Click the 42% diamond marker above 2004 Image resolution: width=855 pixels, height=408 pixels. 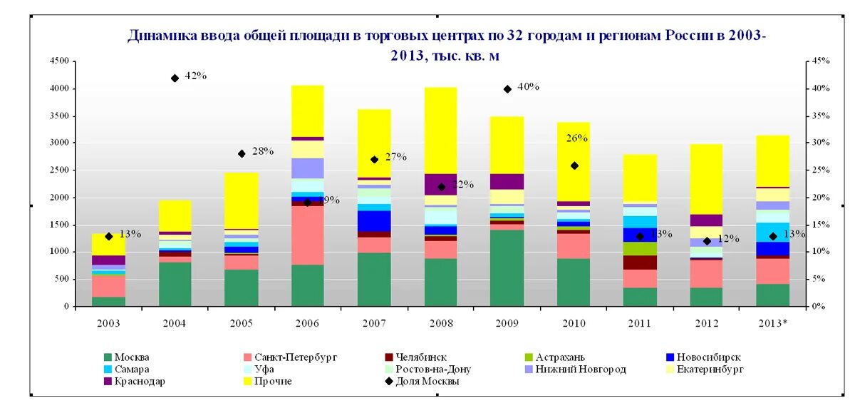click(x=175, y=78)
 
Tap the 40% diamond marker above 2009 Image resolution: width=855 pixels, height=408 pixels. click(x=507, y=89)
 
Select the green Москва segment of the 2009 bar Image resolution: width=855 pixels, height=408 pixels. click(x=507, y=267)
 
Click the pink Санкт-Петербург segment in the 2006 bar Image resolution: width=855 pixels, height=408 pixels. click(x=307, y=235)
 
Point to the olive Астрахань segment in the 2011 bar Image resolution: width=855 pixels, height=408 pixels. click(x=640, y=249)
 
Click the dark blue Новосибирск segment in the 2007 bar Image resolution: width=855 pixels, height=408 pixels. click(x=374, y=221)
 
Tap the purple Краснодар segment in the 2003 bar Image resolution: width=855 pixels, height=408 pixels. click(x=108, y=260)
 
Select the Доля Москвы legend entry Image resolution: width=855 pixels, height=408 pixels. click(x=425, y=382)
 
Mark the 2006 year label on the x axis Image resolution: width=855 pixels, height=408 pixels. click(x=307, y=323)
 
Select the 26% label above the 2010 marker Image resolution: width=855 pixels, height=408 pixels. click(x=576, y=138)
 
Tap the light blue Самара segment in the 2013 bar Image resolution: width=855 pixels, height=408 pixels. click(x=773, y=233)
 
